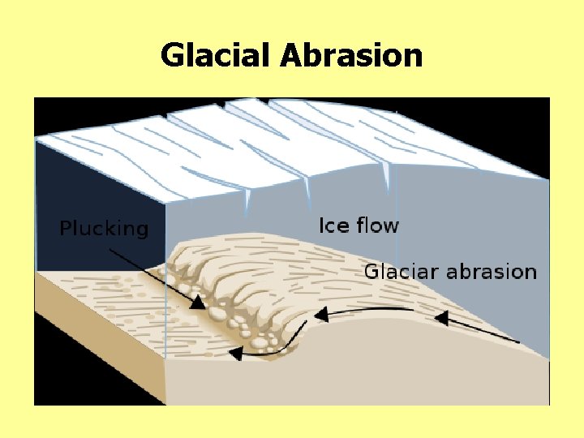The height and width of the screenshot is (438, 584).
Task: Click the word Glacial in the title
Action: [x=217, y=55]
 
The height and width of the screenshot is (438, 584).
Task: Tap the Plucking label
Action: [x=105, y=228]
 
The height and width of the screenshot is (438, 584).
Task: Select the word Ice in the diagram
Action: [x=333, y=225]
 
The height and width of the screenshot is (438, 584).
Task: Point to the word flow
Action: [x=376, y=225]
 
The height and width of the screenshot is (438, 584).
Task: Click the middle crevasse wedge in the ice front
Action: [x=307, y=191]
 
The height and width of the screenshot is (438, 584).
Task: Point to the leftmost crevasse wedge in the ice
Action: [x=248, y=200]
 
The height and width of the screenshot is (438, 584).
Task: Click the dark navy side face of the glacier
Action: [x=97, y=187]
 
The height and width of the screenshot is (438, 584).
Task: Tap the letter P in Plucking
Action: [x=67, y=228]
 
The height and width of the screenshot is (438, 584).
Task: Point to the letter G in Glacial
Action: [x=171, y=55]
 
